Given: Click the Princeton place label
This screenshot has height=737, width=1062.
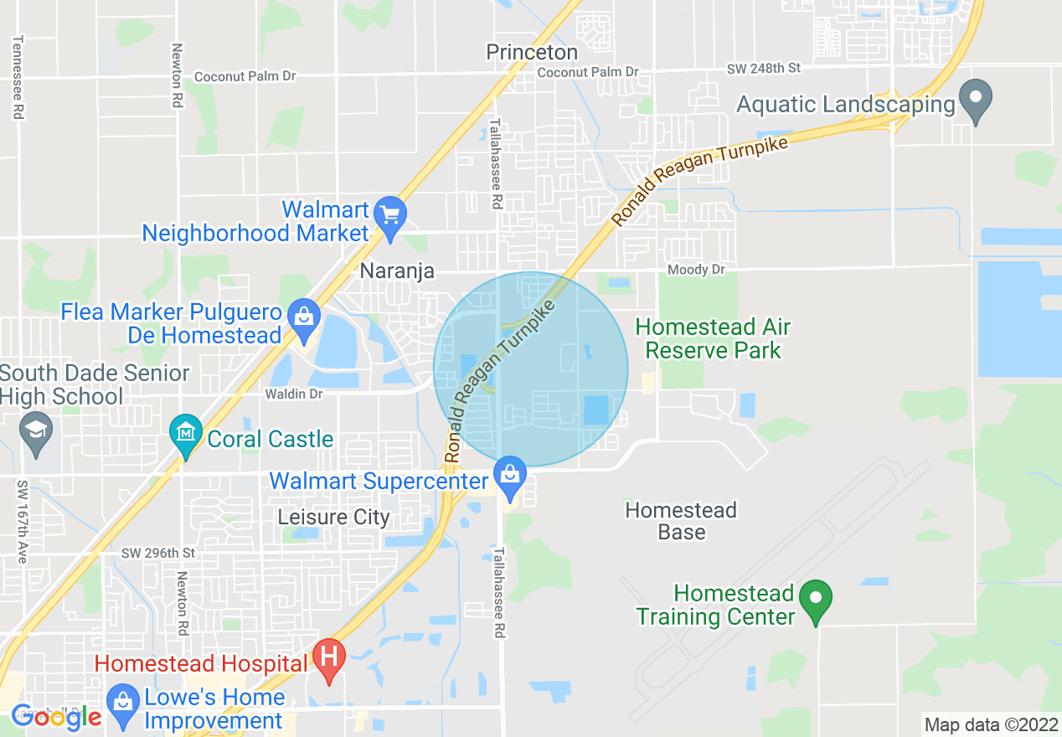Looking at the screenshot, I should (x=532, y=53).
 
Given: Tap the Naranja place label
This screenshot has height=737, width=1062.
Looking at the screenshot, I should (x=397, y=271).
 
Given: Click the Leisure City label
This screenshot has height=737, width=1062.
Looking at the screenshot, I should (x=333, y=517).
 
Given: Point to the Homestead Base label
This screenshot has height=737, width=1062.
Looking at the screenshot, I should (x=681, y=521).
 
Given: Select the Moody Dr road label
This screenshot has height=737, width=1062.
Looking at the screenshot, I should (x=696, y=270).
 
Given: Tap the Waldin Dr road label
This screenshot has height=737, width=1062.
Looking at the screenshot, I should (x=293, y=394).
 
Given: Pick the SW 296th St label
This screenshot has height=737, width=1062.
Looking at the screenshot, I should (x=158, y=553).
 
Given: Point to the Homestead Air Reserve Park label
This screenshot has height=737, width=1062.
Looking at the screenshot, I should (x=713, y=338).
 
